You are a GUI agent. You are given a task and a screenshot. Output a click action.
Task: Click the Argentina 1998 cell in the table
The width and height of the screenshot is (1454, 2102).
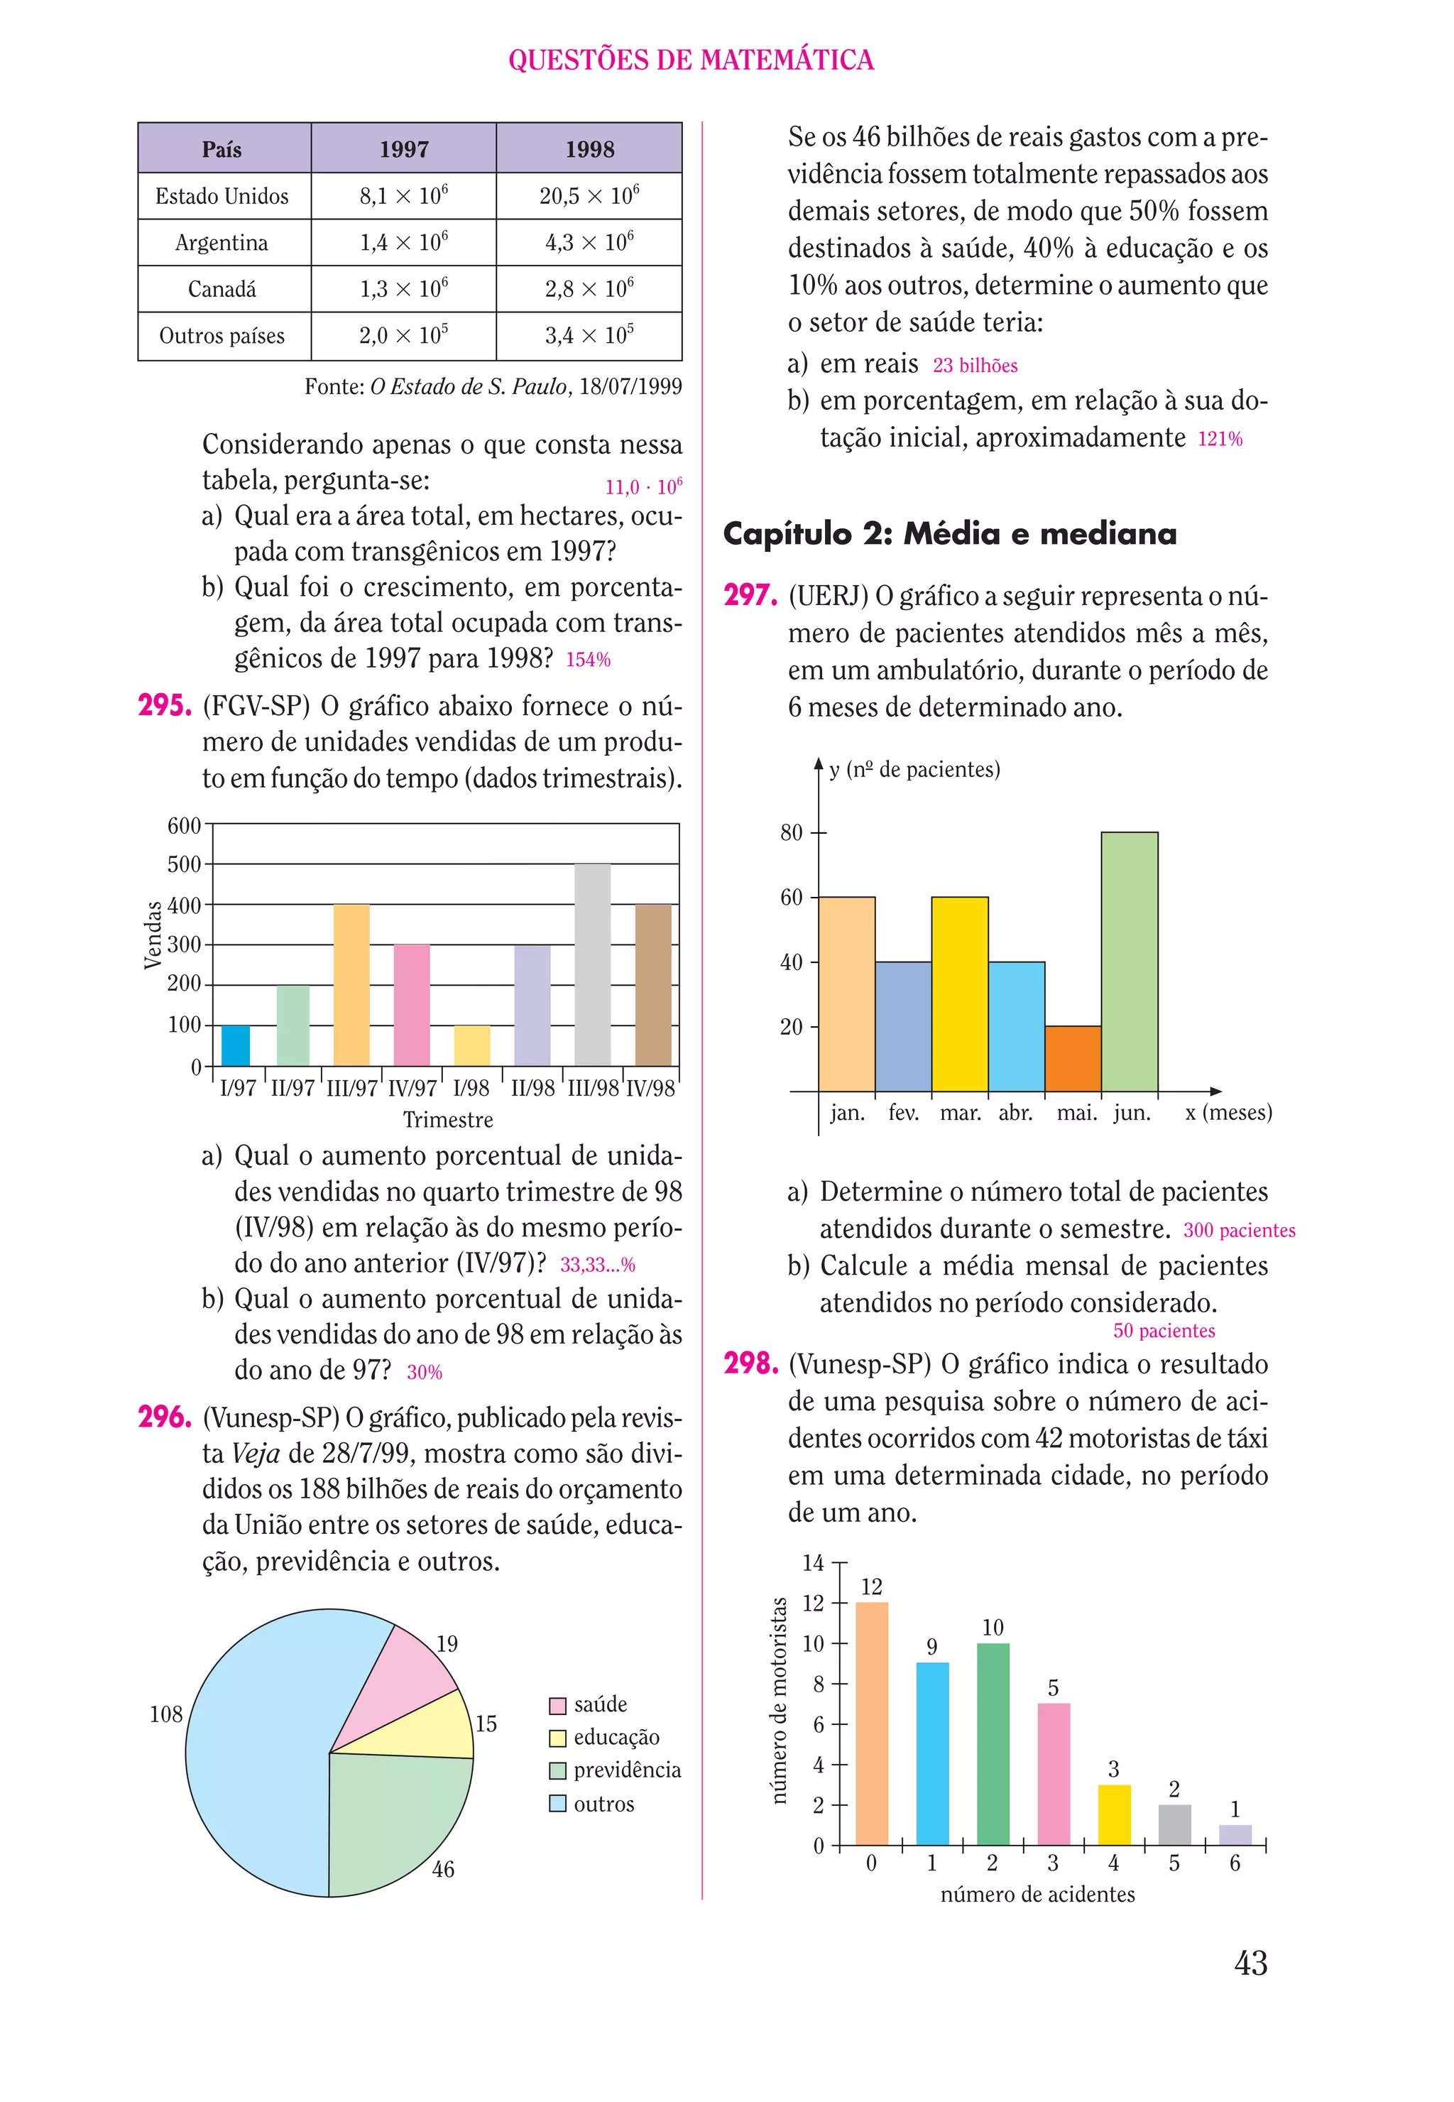(x=589, y=242)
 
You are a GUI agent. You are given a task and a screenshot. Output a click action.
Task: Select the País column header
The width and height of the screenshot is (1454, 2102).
(x=222, y=149)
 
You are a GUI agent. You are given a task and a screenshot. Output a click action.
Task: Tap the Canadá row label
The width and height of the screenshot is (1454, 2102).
(x=222, y=289)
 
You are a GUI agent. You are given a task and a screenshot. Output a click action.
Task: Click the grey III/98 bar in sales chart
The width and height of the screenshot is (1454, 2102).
(x=592, y=966)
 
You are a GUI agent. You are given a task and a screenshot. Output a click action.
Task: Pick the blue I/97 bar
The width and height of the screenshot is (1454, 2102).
(x=235, y=1045)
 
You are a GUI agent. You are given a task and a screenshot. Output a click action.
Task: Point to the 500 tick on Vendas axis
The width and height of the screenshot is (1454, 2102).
(x=184, y=864)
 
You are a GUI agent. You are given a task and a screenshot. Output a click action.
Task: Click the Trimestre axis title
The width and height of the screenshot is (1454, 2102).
(x=447, y=1120)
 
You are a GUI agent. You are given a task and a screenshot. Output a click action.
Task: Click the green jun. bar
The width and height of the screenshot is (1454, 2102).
(x=1129, y=962)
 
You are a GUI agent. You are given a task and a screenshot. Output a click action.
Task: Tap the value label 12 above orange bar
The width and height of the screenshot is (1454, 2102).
(x=871, y=1586)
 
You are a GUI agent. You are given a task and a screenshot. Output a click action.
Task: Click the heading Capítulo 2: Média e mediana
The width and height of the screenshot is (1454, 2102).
(x=949, y=533)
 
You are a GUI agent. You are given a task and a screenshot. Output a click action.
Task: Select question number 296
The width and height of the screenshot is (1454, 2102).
(x=165, y=1417)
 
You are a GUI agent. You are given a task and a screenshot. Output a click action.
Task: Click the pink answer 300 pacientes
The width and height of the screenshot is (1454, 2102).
(x=1238, y=1230)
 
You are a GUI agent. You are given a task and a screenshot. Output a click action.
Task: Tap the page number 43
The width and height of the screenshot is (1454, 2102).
(x=1250, y=1963)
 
